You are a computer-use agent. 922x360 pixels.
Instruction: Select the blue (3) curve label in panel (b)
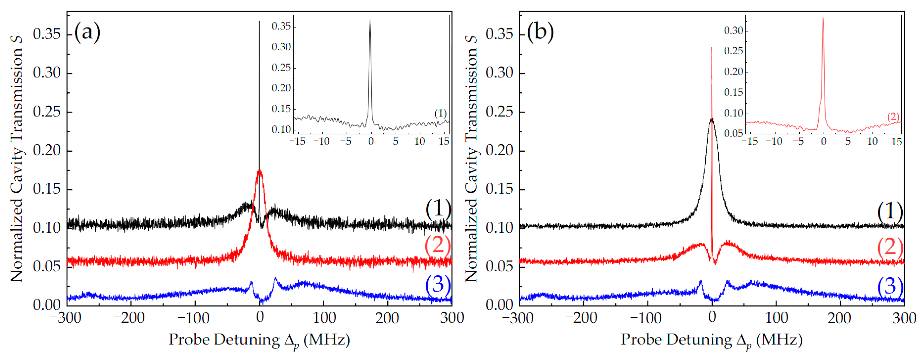[890, 286]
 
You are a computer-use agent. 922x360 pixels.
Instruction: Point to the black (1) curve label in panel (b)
[890, 212]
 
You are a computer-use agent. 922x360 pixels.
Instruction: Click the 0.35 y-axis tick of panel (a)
[47, 34]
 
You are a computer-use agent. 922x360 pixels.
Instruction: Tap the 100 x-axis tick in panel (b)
[776, 318]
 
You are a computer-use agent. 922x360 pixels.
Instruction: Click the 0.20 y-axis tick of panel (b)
[499, 150]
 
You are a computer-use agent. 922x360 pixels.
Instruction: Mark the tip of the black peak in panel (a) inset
[370, 20]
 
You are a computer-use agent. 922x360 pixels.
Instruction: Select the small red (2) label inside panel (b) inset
[893, 117]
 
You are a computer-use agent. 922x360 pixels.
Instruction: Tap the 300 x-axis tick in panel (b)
[904, 318]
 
